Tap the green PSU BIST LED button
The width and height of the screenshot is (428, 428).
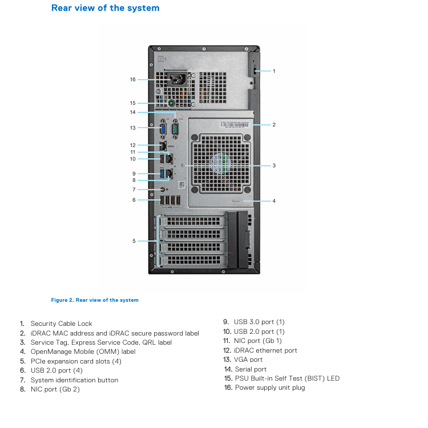[171, 103]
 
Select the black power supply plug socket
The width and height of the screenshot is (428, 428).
[177, 79]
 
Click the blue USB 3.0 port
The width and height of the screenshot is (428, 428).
[162, 173]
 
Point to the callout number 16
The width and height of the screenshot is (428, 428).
[132, 79]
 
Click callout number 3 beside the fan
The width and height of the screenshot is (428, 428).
[274, 165]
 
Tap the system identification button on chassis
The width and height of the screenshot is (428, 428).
[163, 189]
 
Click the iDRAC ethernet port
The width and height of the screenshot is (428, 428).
[163, 146]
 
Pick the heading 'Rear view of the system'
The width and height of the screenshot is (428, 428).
[106, 8]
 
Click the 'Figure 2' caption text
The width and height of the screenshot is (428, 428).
[95, 300]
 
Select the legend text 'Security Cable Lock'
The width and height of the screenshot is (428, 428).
[62, 324]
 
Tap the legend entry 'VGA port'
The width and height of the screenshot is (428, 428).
[248, 360]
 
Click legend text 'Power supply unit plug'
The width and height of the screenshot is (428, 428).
[270, 387]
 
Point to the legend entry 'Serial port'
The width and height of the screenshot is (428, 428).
[251, 369]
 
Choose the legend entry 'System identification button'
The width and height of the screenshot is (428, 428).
[75, 380]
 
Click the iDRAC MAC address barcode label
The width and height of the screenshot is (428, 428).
[235, 125]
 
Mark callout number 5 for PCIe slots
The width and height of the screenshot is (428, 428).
[134, 241]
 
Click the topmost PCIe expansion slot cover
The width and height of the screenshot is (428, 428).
[193, 221]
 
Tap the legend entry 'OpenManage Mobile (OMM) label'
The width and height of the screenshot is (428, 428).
[83, 352]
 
